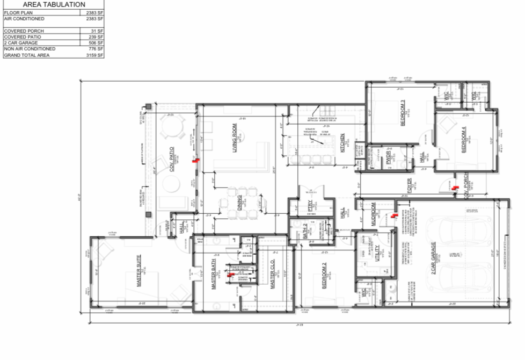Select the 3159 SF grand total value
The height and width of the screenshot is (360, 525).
(94, 55)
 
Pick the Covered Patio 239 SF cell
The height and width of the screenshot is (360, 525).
(96, 37)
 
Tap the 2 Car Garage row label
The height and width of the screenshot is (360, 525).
(21, 42)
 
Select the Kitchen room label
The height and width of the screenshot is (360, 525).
(342, 143)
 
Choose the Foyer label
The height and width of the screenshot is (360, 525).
(409, 185)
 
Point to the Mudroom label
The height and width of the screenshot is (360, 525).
(374, 213)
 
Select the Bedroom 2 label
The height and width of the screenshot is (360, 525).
(324, 277)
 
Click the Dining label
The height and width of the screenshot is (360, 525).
(238, 204)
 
